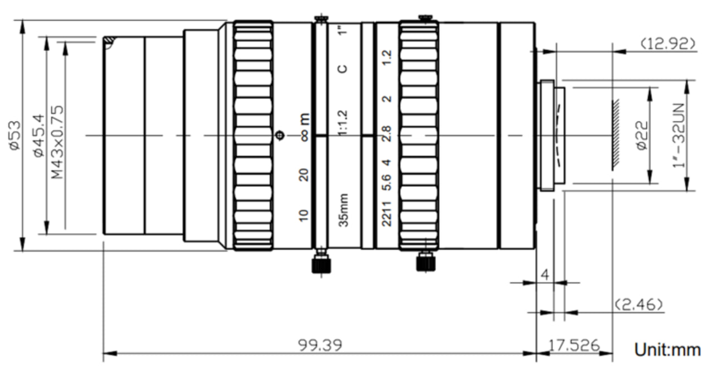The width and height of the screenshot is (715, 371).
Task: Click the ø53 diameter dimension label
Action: click(x=15, y=135)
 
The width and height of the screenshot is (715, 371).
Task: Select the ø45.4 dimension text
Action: click(x=39, y=135)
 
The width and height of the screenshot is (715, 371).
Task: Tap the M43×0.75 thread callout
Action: click(x=58, y=142)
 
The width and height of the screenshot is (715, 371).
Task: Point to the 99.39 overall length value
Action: click(x=320, y=345)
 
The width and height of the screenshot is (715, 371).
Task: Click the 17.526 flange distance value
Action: click(x=574, y=345)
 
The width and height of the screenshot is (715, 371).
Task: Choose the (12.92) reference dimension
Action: click(x=668, y=44)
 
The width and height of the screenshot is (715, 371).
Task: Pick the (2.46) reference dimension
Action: click(x=638, y=305)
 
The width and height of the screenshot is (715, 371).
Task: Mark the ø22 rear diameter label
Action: click(x=642, y=135)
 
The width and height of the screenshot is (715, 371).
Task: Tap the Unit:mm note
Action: click(x=668, y=350)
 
